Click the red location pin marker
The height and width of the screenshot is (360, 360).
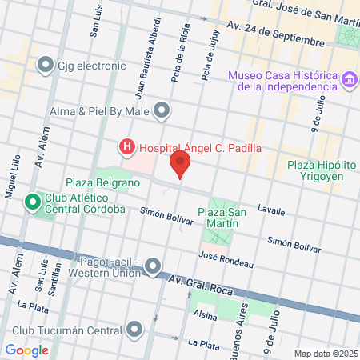(x=181, y=165)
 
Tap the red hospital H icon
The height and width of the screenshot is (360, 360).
(x=126, y=147)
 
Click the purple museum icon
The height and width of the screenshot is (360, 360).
(x=349, y=80)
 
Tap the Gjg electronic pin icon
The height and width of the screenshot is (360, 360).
(x=46, y=64)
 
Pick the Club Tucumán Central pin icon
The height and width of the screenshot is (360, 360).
(x=135, y=329)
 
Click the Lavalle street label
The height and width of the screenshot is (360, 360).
(x=271, y=210)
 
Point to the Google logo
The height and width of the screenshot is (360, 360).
(x=26, y=350)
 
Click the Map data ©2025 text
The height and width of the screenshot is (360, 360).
(x=324, y=354)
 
